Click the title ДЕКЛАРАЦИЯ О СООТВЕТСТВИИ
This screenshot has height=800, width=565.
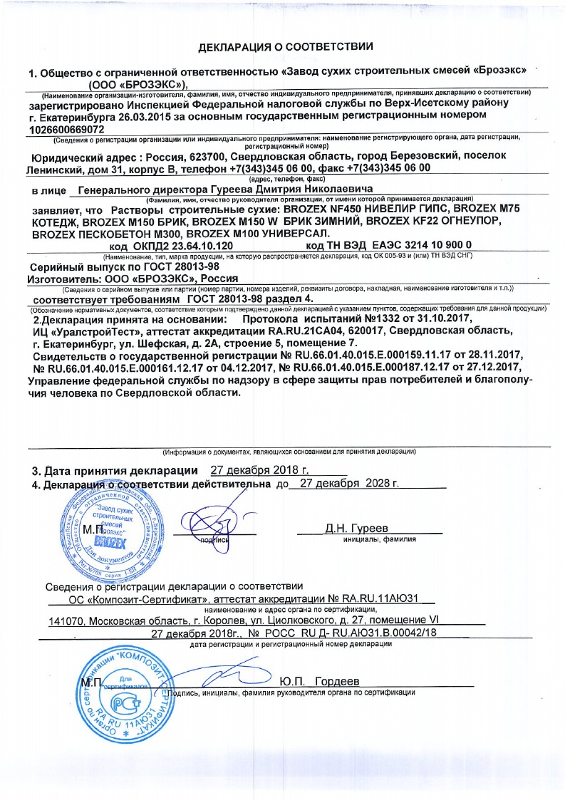pyautogui.click(x=285, y=47)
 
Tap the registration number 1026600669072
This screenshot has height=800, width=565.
pyautogui.click(x=67, y=130)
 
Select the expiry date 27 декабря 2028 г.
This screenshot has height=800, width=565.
pyautogui.click(x=349, y=483)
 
